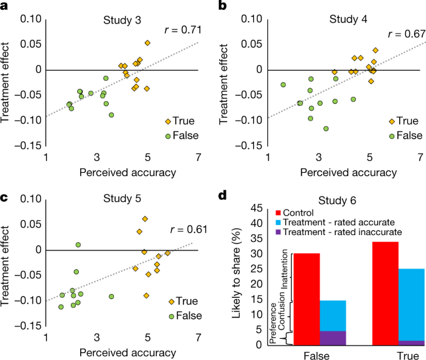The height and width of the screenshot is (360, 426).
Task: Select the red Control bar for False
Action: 307,298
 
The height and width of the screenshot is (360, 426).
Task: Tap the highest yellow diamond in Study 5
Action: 145,219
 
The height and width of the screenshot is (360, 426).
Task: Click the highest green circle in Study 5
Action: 78,245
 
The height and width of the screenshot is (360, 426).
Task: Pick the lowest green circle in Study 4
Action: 326,129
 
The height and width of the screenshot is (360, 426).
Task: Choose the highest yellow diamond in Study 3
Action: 147,43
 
